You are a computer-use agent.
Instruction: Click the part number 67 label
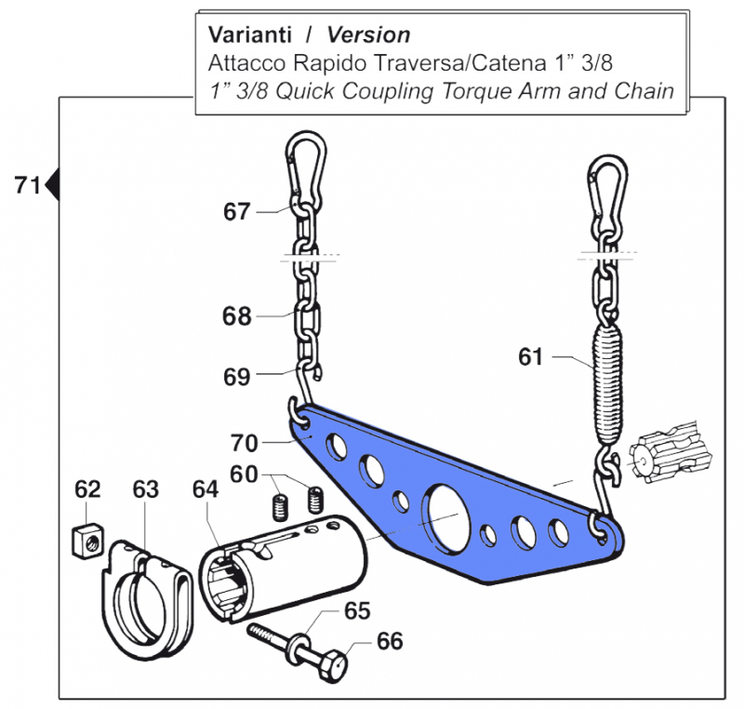click(x=236, y=212)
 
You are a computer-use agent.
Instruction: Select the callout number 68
click(x=236, y=316)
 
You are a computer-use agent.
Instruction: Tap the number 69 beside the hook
click(x=236, y=377)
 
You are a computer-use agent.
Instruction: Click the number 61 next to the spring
click(x=530, y=356)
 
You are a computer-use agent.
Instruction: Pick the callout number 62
click(x=87, y=489)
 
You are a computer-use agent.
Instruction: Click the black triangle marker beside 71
click(x=53, y=185)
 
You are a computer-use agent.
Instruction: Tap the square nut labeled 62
click(x=86, y=540)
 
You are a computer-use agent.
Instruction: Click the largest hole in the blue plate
click(x=448, y=512)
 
